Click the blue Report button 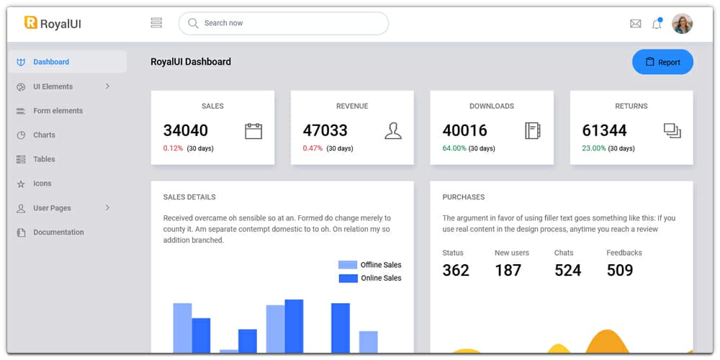point(662,62)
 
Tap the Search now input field point(284,23)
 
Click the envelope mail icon point(635,24)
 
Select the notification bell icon point(657,24)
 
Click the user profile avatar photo point(682,24)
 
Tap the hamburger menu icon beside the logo point(156,23)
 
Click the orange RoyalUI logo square point(31,23)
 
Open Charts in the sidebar point(44,135)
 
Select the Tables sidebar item point(44,159)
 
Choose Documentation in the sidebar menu point(58,232)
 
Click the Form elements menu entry point(58,111)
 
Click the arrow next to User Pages point(108,207)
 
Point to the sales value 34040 point(186,130)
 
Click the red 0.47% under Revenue point(312,148)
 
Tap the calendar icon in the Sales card point(253,131)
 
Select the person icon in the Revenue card point(393,131)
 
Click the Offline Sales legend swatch point(348,265)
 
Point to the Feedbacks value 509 point(620,270)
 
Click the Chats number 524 point(567,270)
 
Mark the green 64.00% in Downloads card point(454,148)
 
